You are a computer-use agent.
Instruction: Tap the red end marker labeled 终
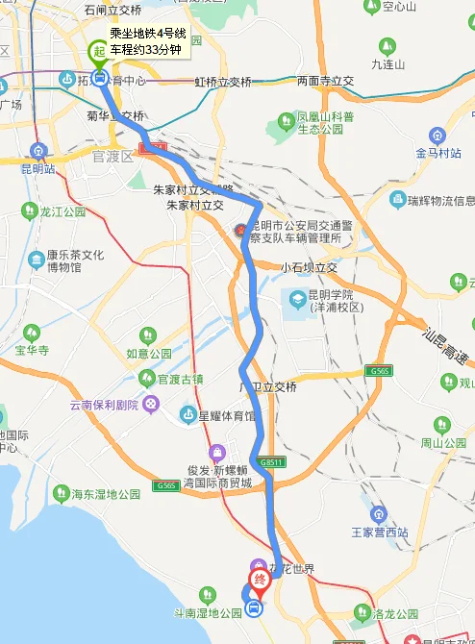pyautogui.click(x=259, y=581)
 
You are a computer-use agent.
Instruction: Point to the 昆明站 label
pyautogui.click(x=37, y=168)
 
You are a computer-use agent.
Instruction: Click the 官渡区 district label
pyautogui.click(x=112, y=156)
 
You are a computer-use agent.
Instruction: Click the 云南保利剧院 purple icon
pyautogui.click(x=152, y=404)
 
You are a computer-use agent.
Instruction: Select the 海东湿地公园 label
pyautogui.click(x=107, y=495)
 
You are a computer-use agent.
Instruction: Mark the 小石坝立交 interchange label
pyautogui.click(x=310, y=266)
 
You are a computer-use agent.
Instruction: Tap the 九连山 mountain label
pyautogui.click(x=387, y=63)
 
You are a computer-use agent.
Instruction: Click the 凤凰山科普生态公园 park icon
pyautogui.click(x=286, y=120)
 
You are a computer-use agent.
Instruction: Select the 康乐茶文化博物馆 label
pyautogui.click(x=70, y=260)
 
